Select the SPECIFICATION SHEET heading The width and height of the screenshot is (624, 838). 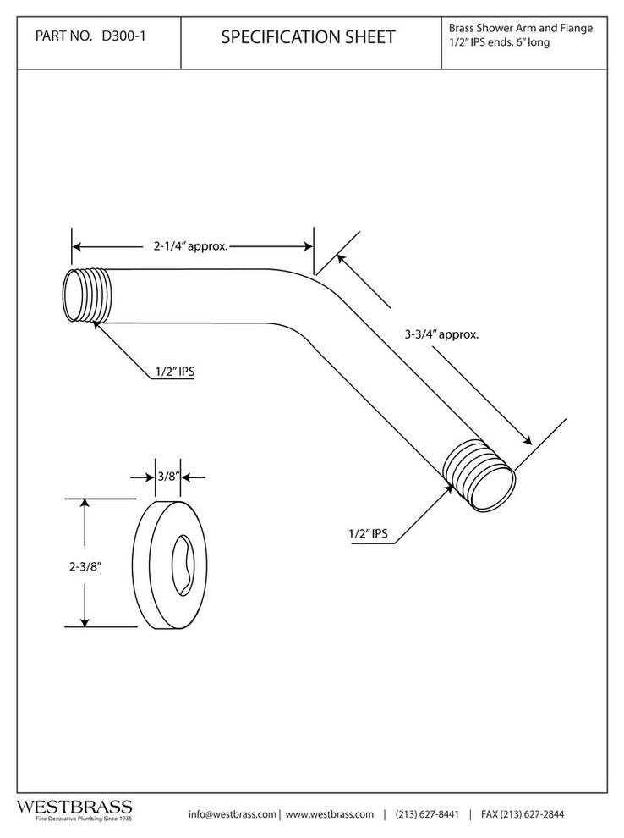point(308,37)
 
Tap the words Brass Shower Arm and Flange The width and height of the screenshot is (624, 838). point(520,28)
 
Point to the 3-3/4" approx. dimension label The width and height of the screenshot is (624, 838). point(442,334)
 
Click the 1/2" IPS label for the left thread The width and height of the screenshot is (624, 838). point(172,371)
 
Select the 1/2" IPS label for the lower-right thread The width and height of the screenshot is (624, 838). point(368,533)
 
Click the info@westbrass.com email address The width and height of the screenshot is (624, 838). point(233,814)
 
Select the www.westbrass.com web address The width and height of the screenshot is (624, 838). point(330,814)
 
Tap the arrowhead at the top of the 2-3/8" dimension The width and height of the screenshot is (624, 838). point(84,503)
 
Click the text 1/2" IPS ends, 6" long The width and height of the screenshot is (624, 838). point(499,42)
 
